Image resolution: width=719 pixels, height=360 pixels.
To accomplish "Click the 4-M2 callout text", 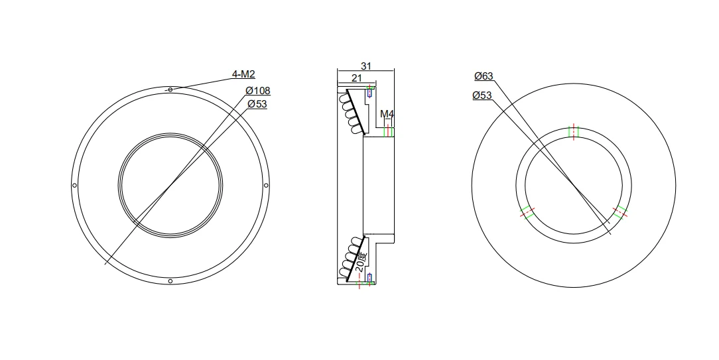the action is (243, 74).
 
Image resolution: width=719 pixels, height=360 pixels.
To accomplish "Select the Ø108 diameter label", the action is (258, 90).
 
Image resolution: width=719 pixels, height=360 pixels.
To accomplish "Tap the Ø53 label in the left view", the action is (257, 104).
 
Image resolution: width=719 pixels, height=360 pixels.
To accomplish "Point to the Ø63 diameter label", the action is (484, 76).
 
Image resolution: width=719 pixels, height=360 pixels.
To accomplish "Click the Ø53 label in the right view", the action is (482, 95).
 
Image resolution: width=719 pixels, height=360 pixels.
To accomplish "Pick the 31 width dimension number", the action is (366, 66).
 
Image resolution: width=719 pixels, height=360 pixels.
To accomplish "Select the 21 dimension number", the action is (356, 78).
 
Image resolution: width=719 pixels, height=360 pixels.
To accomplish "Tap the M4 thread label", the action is (387, 114).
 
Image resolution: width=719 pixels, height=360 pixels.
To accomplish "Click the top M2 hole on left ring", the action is (170, 90).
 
